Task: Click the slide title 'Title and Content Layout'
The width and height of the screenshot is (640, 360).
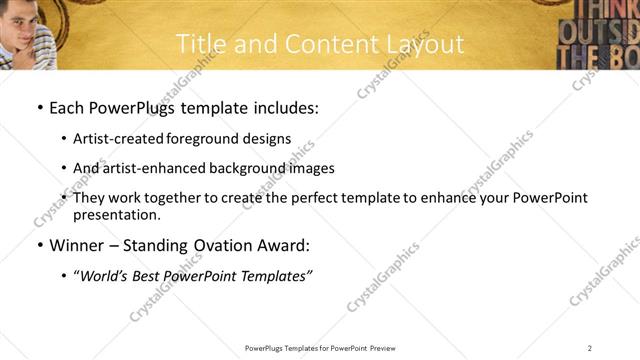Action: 320,44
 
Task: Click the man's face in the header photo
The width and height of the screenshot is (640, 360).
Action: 17,19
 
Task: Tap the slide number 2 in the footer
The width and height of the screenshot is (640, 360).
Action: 590,348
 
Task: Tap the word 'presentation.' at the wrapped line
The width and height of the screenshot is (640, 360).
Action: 116,215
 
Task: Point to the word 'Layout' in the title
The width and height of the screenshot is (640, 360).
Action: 427,44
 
